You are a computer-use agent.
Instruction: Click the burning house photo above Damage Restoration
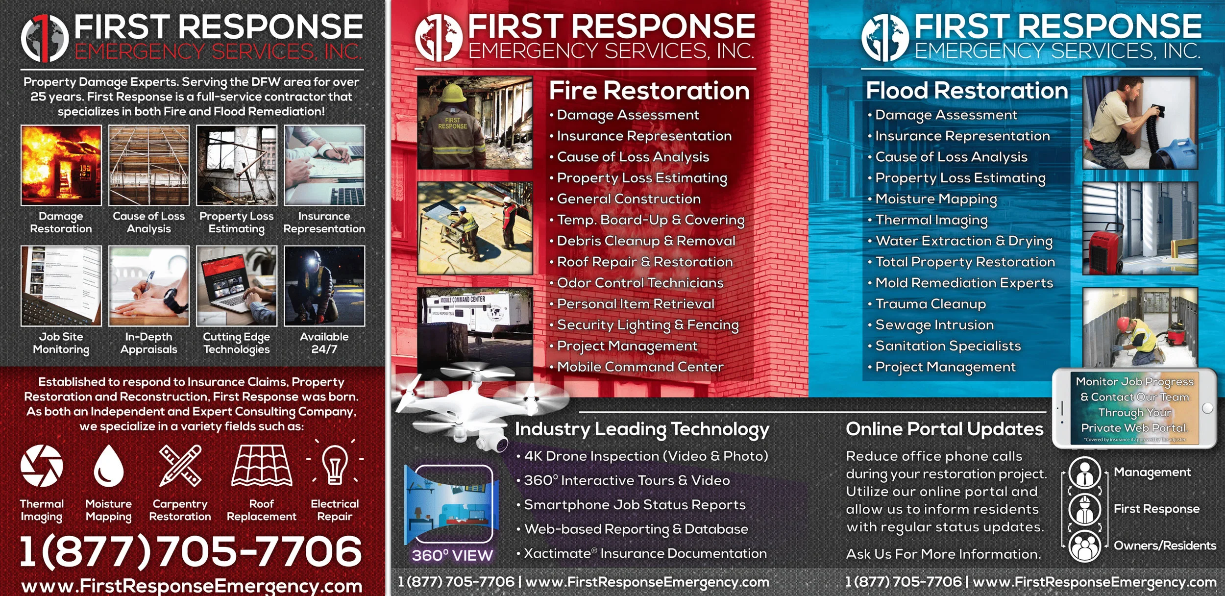[x=61, y=165]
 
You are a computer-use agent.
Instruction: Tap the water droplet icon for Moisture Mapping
[x=108, y=466]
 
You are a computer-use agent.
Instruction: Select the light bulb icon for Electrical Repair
[x=335, y=465]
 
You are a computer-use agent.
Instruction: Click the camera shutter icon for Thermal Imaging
[x=42, y=466]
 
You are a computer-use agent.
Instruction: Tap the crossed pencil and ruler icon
[x=180, y=466]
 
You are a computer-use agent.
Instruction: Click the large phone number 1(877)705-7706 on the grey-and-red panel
[x=191, y=550]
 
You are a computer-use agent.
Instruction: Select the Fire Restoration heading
[x=649, y=91]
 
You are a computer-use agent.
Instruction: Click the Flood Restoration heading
[x=967, y=91]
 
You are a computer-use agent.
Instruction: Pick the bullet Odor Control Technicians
[x=640, y=283]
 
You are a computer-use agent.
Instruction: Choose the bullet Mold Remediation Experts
[x=964, y=283]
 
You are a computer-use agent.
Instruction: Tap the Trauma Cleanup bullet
[x=931, y=304]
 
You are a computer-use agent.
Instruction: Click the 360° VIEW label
[x=452, y=555]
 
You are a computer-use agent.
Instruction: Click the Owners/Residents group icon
[x=1085, y=546]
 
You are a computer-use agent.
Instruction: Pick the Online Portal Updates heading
[x=944, y=429]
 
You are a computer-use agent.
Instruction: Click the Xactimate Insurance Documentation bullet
[x=645, y=554]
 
